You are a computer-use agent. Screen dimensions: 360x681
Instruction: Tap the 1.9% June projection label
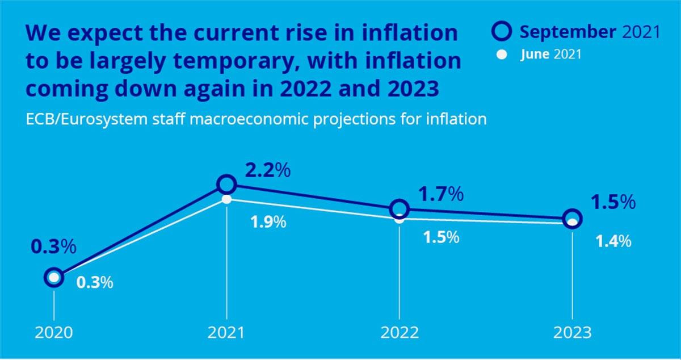268,222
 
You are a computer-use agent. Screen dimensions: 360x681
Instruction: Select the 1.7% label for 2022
441,195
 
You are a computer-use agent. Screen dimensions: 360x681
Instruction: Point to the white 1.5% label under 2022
441,237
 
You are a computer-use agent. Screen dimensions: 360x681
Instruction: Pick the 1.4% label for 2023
613,241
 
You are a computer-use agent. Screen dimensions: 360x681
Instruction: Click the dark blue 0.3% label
53,248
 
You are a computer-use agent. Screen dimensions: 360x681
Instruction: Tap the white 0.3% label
94,283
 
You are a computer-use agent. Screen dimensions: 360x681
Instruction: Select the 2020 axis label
53,333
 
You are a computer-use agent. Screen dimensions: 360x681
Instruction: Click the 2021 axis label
226,333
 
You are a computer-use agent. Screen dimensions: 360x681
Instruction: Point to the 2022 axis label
400,333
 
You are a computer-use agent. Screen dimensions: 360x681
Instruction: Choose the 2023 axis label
573,333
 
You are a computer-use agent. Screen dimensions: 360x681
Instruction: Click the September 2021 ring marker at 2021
226,184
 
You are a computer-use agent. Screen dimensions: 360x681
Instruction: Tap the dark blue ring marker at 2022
400,208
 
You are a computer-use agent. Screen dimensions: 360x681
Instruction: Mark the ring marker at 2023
573,219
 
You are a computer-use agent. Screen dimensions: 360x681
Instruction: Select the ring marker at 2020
53,278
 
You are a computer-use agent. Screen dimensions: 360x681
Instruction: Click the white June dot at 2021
226,199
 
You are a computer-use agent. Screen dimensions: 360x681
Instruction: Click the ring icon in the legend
506,32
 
